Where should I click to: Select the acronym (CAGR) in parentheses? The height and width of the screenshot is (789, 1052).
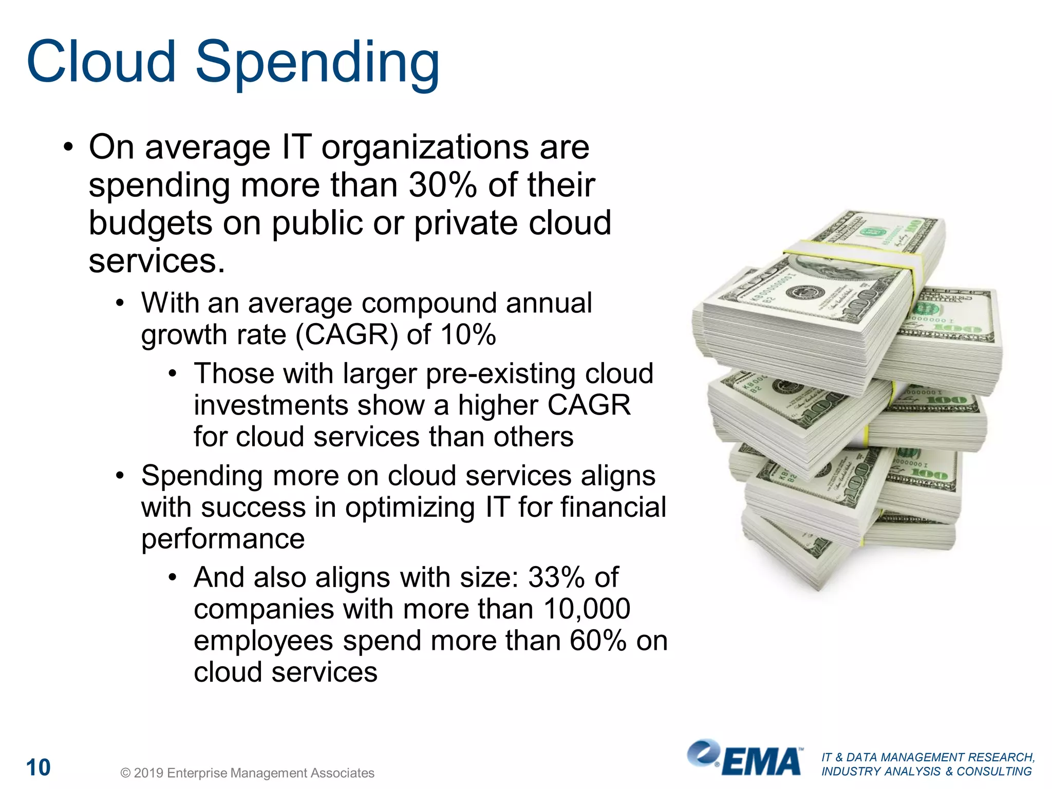pyautogui.click(x=347, y=335)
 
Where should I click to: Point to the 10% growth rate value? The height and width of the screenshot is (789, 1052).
pyautogui.click(x=468, y=335)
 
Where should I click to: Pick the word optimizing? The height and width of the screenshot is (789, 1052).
pyautogui.click(x=410, y=508)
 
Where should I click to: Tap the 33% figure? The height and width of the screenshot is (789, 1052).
pyautogui.click(x=556, y=577)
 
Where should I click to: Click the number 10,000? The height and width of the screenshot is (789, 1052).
pyautogui.click(x=587, y=609)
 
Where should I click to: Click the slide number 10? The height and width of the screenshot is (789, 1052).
pyautogui.click(x=39, y=767)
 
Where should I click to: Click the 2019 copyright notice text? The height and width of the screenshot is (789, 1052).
pyautogui.click(x=247, y=773)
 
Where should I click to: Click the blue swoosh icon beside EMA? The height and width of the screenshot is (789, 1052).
pyautogui.click(x=704, y=753)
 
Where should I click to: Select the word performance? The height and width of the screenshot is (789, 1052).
pyautogui.click(x=223, y=539)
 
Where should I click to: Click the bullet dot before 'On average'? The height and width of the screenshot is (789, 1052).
pyautogui.click(x=68, y=148)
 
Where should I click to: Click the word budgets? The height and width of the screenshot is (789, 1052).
pyautogui.click(x=150, y=223)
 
